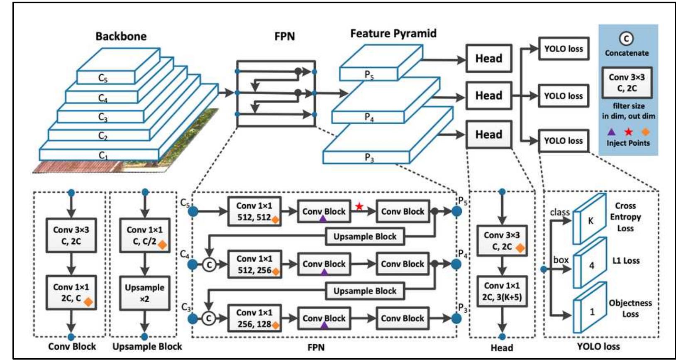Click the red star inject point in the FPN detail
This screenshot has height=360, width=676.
359,206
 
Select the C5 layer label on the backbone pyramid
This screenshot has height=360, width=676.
102,78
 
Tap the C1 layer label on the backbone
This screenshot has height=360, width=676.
103,155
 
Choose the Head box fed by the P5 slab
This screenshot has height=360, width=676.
488,59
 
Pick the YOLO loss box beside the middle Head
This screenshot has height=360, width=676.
563,96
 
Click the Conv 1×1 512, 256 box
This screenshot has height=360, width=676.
254,264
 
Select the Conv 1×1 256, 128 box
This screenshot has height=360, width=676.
254,318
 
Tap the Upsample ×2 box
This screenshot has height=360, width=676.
144,293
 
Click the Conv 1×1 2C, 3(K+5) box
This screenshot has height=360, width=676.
502,291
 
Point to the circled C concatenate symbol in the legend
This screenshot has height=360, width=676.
626,39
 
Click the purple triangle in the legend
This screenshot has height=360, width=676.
611,132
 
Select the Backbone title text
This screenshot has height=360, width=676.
121,36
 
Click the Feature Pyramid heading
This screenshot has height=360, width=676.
393,33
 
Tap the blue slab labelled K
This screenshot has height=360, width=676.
590,220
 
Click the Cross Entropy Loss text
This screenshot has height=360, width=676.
625,217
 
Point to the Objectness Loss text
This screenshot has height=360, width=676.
630,309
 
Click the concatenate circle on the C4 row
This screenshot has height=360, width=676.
210,264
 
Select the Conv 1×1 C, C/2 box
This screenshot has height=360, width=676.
144,235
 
